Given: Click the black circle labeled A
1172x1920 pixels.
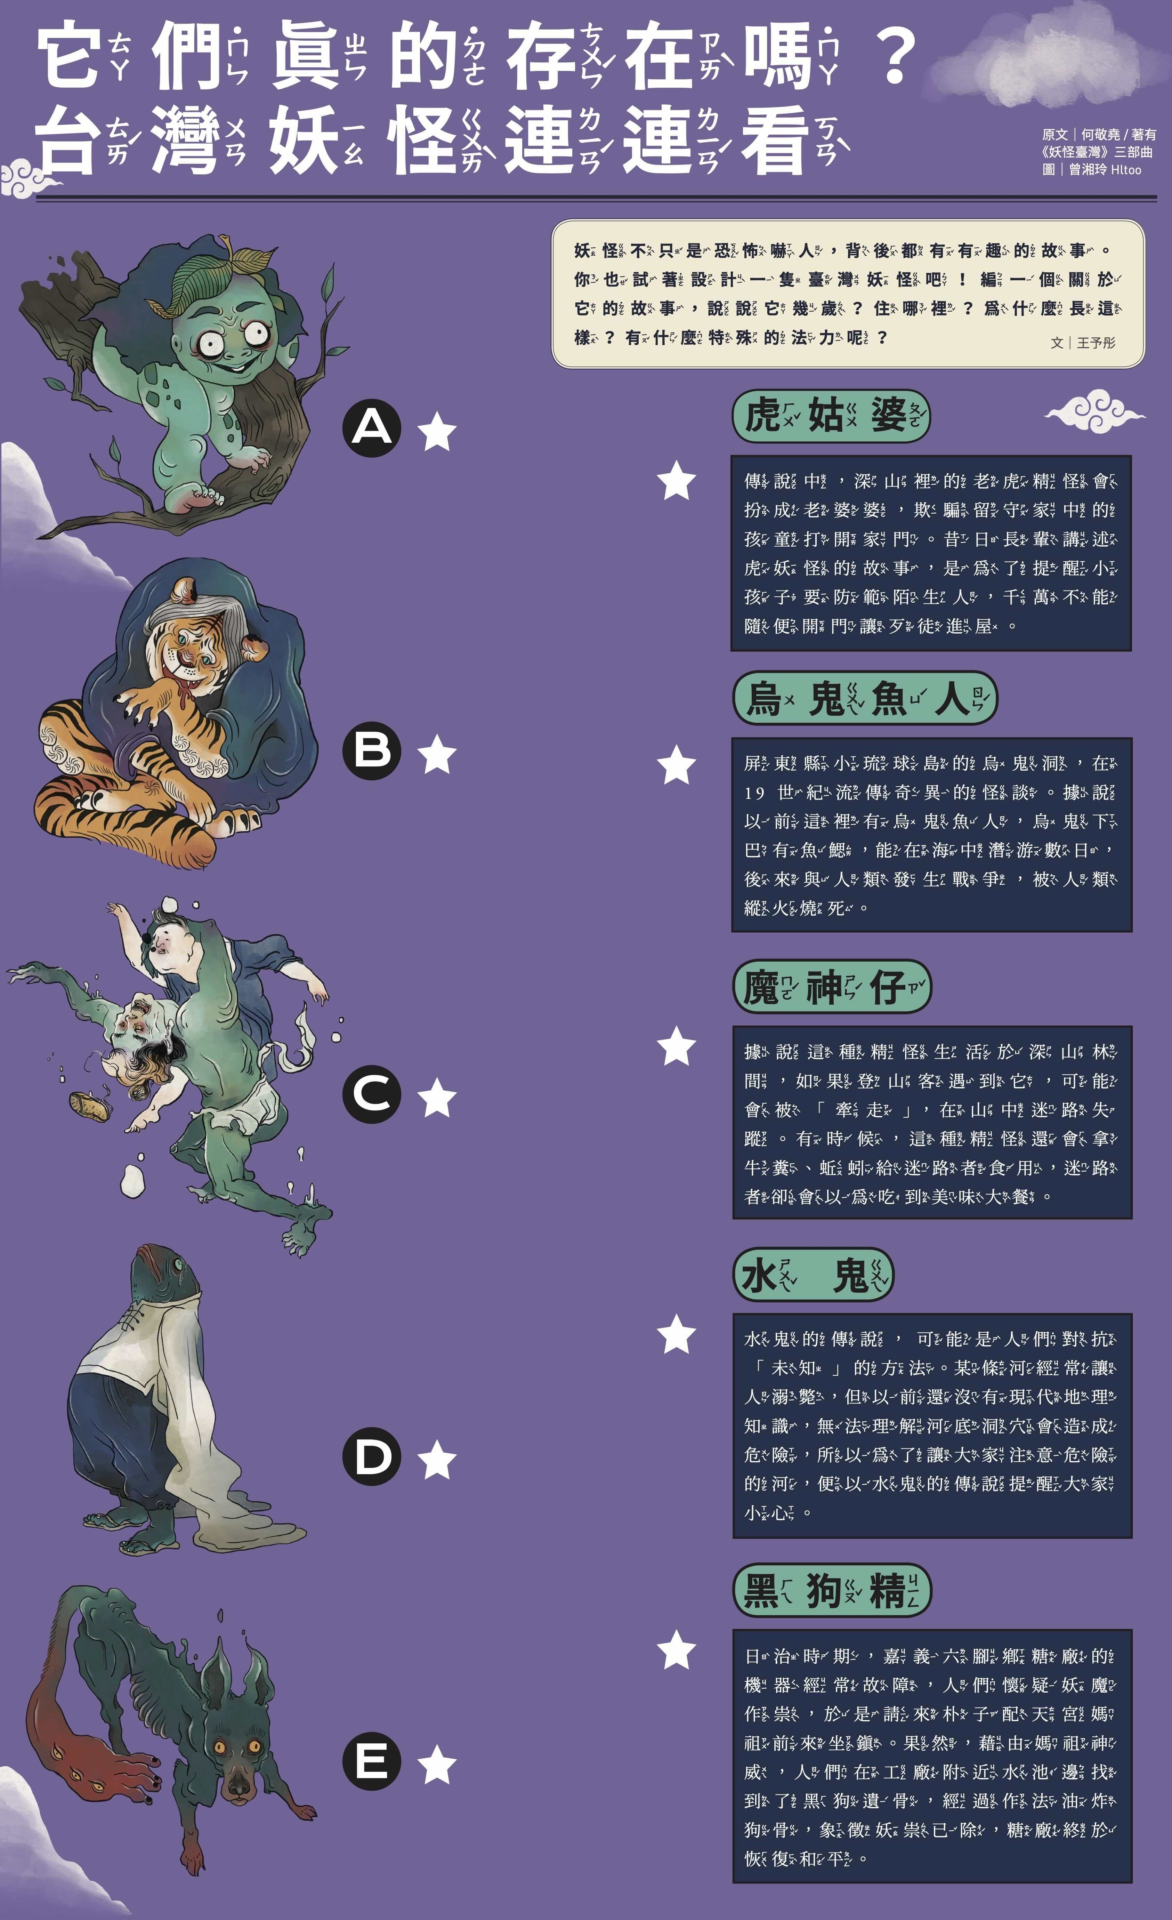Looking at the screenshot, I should point(372,428).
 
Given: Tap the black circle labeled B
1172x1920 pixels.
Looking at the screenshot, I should point(372,751).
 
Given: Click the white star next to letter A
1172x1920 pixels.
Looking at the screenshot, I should point(437,433).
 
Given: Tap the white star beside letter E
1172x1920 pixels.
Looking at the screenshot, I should point(437,1765).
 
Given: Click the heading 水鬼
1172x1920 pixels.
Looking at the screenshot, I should point(813,1276).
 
